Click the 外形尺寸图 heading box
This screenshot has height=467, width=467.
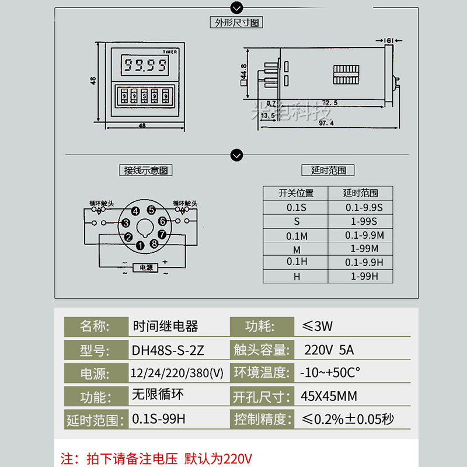pos(236,23)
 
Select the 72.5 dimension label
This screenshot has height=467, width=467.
pos(330,103)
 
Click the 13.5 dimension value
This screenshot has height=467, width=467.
pos(268,116)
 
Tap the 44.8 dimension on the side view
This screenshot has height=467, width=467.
pos(243,74)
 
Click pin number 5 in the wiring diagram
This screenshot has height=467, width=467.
pos(151,210)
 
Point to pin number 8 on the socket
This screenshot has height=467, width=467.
pos(154,243)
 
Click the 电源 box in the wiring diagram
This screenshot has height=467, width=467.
pos(145,268)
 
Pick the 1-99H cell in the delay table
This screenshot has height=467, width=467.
pos(364,276)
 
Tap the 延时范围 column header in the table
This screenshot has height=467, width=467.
pos(360,193)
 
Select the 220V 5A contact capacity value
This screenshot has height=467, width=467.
pos(329,350)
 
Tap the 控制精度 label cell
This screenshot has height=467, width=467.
pos(261,419)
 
